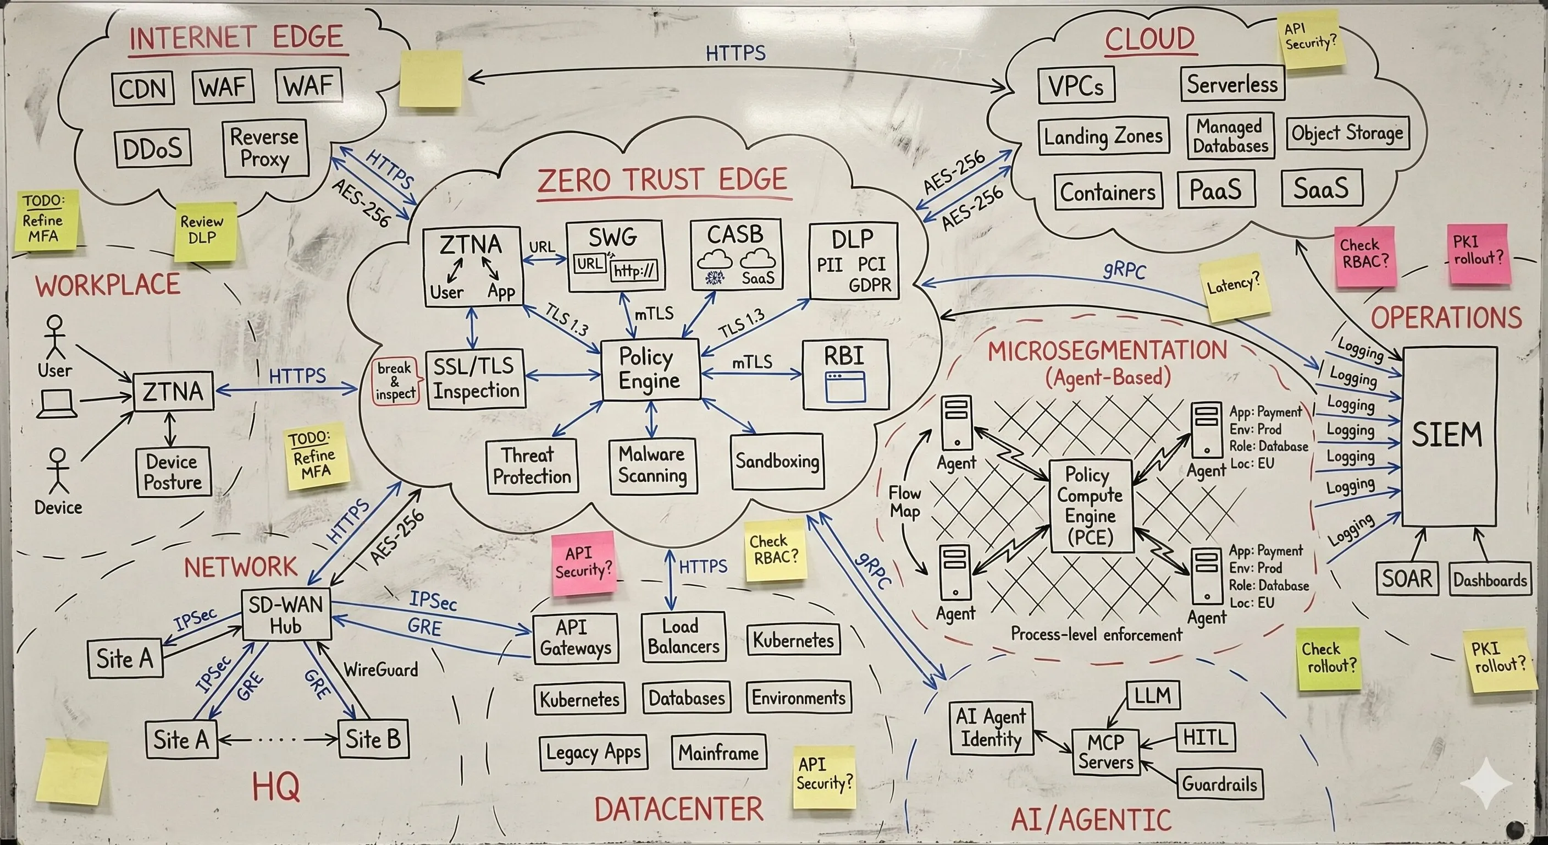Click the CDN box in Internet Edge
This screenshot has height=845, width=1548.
[143, 89]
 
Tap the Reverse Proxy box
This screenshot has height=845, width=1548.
[265, 148]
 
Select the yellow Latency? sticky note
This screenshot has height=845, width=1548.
[1234, 288]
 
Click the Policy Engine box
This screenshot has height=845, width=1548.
[650, 369]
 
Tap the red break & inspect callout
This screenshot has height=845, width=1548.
[395, 381]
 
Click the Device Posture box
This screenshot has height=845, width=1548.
[173, 472]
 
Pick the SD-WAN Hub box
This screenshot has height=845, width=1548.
[286, 614]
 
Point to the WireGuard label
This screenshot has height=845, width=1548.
[380, 670]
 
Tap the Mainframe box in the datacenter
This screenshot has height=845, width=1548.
[718, 753]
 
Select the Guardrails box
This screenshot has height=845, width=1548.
[1219, 783]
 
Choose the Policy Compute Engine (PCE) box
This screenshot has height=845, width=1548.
[1090, 506]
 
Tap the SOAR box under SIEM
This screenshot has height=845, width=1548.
[1406, 579]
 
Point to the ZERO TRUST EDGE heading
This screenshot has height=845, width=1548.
[662, 180]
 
